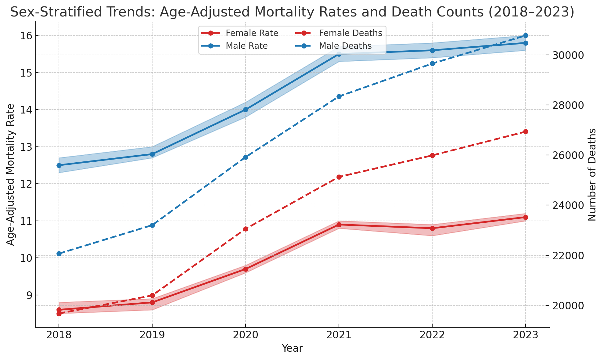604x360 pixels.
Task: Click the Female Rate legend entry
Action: (252, 33)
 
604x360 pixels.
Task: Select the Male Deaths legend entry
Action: (345, 46)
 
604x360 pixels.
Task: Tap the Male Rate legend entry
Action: (246, 46)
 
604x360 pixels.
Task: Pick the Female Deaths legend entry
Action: (351, 33)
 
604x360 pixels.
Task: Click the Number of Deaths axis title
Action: (592, 175)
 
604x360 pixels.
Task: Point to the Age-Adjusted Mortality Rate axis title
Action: (11, 175)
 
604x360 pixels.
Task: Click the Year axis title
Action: (292, 348)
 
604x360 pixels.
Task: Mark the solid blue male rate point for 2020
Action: (246, 110)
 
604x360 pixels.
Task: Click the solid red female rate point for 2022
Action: (432, 228)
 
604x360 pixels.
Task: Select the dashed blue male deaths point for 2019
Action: (152, 225)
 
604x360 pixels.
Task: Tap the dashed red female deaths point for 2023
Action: (526, 131)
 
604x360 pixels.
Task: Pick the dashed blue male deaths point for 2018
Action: (59, 254)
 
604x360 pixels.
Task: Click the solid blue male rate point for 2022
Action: (432, 50)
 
